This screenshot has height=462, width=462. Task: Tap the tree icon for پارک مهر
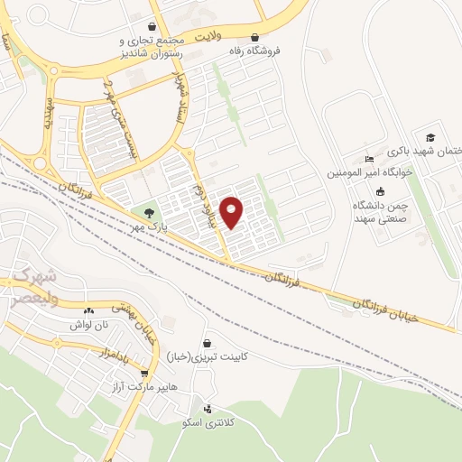tap(148, 213)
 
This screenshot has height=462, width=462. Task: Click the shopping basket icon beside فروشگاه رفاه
tap(255, 39)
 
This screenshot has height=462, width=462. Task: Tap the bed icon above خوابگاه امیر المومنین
tap(367, 160)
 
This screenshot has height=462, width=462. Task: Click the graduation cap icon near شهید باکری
tap(430, 136)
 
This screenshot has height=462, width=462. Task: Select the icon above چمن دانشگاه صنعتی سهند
tap(380, 191)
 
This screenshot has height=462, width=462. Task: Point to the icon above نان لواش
tap(86, 309)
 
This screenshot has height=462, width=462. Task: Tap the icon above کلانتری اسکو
tap(209, 409)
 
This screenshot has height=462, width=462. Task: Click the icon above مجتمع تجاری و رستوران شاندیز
tap(152, 27)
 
